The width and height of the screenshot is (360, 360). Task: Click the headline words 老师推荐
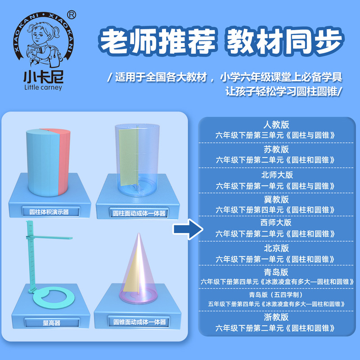pyautogui.click(x=155, y=43)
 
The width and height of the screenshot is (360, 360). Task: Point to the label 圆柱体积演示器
pyautogui.click(x=52, y=211)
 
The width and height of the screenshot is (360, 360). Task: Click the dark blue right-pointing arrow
pyautogui.click(x=185, y=229)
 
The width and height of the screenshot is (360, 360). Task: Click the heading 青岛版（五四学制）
pyautogui.click(x=276, y=295)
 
